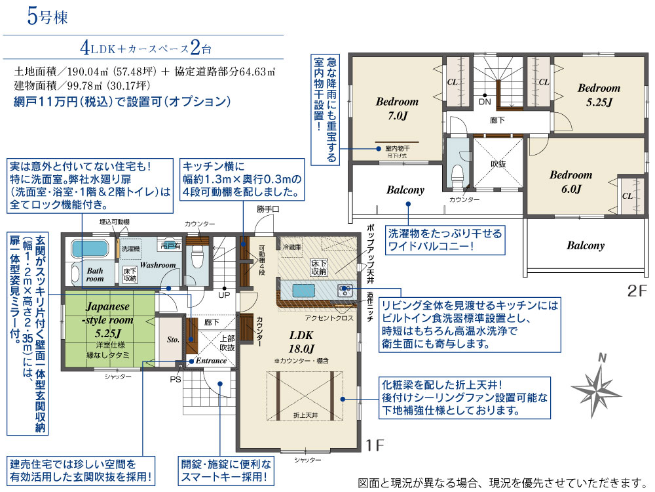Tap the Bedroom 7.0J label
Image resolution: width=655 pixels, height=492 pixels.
[x=397, y=108]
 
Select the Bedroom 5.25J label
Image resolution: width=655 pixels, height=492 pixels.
[x=599, y=94]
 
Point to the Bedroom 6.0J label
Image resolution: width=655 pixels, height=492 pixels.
[x=571, y=182]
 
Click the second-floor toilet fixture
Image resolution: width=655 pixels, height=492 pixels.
[x=456, y=174]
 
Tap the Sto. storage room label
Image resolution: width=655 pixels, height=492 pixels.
[x=173, y=340]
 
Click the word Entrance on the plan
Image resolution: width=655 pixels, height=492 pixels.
[x=211, y=361]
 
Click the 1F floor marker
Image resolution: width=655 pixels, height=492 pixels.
[x=375, y=445]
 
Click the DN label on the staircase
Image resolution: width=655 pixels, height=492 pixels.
[x=485, y=102]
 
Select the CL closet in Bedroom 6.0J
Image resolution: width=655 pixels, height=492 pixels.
[x=627, y=195]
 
